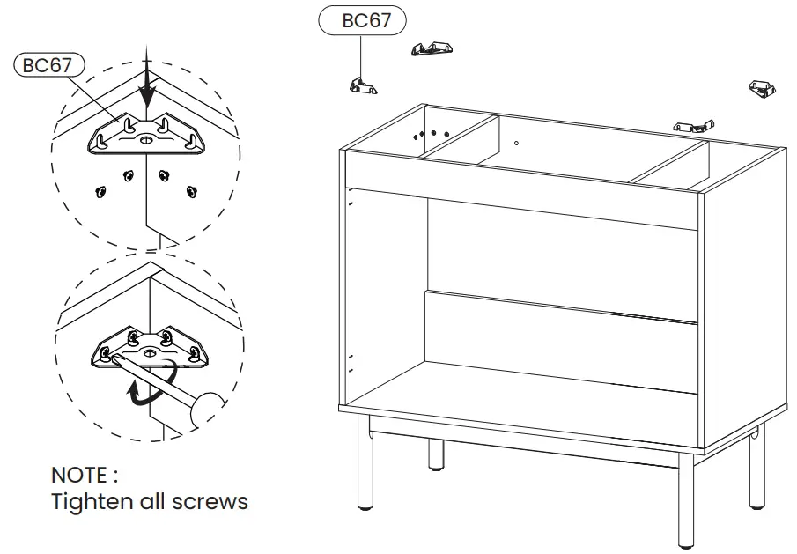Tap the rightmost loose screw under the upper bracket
point(188,188)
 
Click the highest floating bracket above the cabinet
point(431,49)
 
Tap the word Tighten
point(91,502)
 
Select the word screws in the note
point(213,503)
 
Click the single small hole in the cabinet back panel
point(517,142)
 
